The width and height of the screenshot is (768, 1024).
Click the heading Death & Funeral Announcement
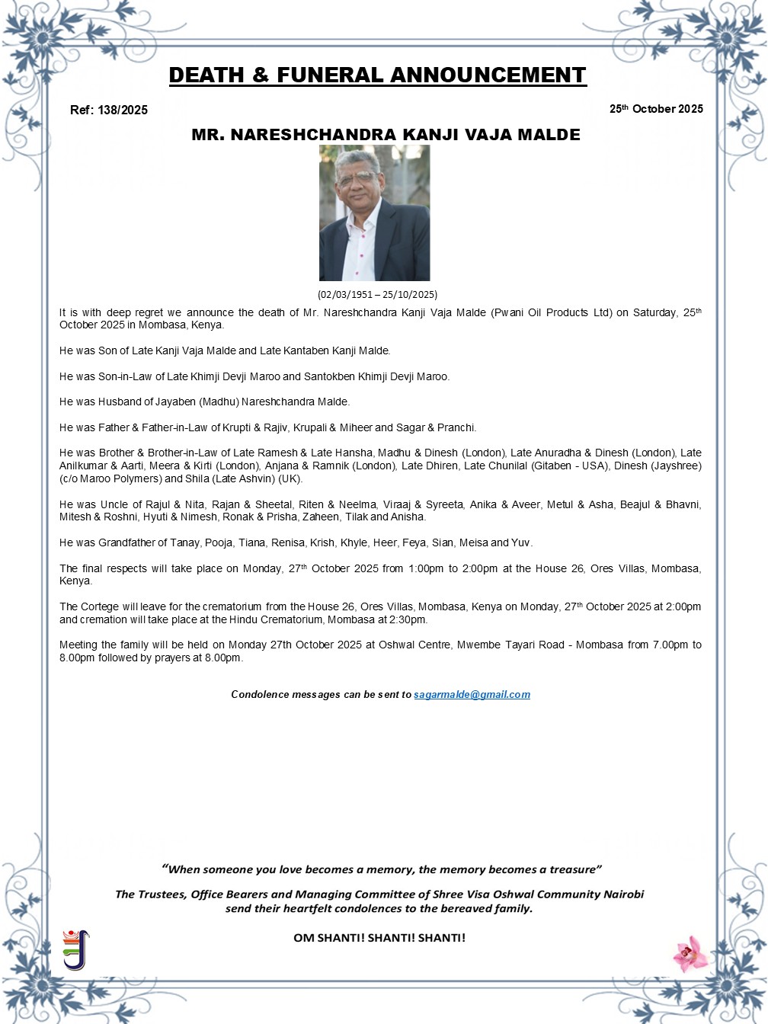coord(377,75)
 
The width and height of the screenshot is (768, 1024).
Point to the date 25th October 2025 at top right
coord(656,109)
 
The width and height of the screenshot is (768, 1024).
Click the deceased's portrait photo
coord(374,213)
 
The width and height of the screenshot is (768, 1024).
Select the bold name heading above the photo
coord(386,135)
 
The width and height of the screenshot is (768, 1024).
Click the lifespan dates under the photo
coord(377,294)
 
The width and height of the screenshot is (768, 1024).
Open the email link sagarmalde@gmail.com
coord(472,694)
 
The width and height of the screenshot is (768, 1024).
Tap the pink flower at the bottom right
coord(690,953)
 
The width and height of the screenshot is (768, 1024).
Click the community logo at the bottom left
coord(75,949)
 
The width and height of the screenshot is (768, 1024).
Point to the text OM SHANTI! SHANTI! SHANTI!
coord(379,938)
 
